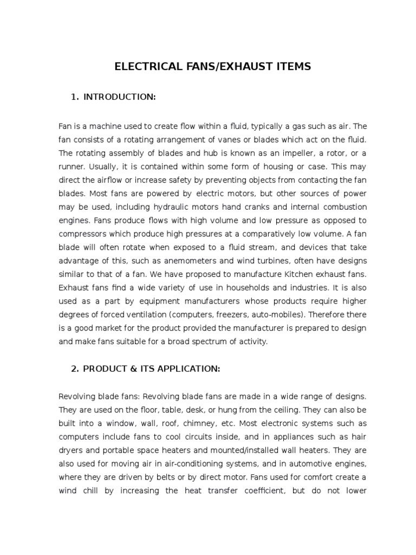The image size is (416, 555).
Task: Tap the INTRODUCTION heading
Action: pyautogui.click(x=120, y=96)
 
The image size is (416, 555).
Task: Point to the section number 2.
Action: pyautogui.click(x=74, y=369)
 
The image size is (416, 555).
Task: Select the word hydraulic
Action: pyautogui.click(x=171, y=207)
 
